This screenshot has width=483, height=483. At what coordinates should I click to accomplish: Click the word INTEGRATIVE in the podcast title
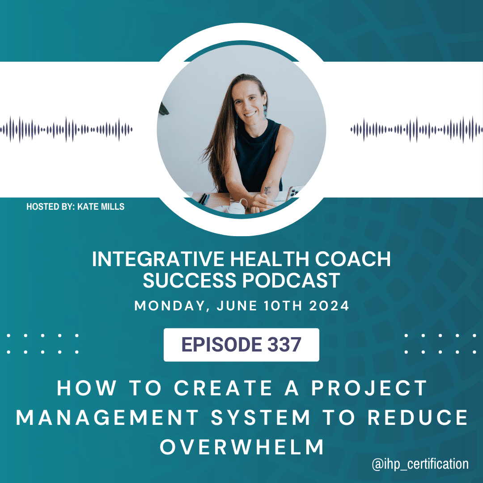click(x=158, y=259)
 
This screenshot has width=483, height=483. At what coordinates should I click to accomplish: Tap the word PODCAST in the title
click(x=291, y=280)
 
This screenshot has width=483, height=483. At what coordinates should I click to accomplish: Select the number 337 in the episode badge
click(x=284, y=344)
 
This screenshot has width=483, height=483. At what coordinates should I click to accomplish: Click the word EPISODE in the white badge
click(x=221, y=344)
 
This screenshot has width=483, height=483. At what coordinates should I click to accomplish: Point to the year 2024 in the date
click(x=329, y=306)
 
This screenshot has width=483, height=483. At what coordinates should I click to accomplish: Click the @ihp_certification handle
click(x=420, y=464)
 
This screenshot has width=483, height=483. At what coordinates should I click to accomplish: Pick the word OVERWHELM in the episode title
click(x=242, y=447)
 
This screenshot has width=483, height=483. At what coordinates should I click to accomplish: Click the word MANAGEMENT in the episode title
click(x=107, y=418)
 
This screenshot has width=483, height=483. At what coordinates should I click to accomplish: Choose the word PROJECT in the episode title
click(x=369, y=388)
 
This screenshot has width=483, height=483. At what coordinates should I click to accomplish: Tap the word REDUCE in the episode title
click(x=418, y=418)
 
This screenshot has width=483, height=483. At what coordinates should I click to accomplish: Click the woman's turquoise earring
click(x=265, y=111)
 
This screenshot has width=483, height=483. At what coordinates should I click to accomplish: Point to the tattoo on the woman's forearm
click(x=267, y=190)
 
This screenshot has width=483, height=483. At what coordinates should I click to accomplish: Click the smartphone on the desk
click(x=293, y=192)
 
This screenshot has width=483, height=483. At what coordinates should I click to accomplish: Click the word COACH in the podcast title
click(x=353, y=259)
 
